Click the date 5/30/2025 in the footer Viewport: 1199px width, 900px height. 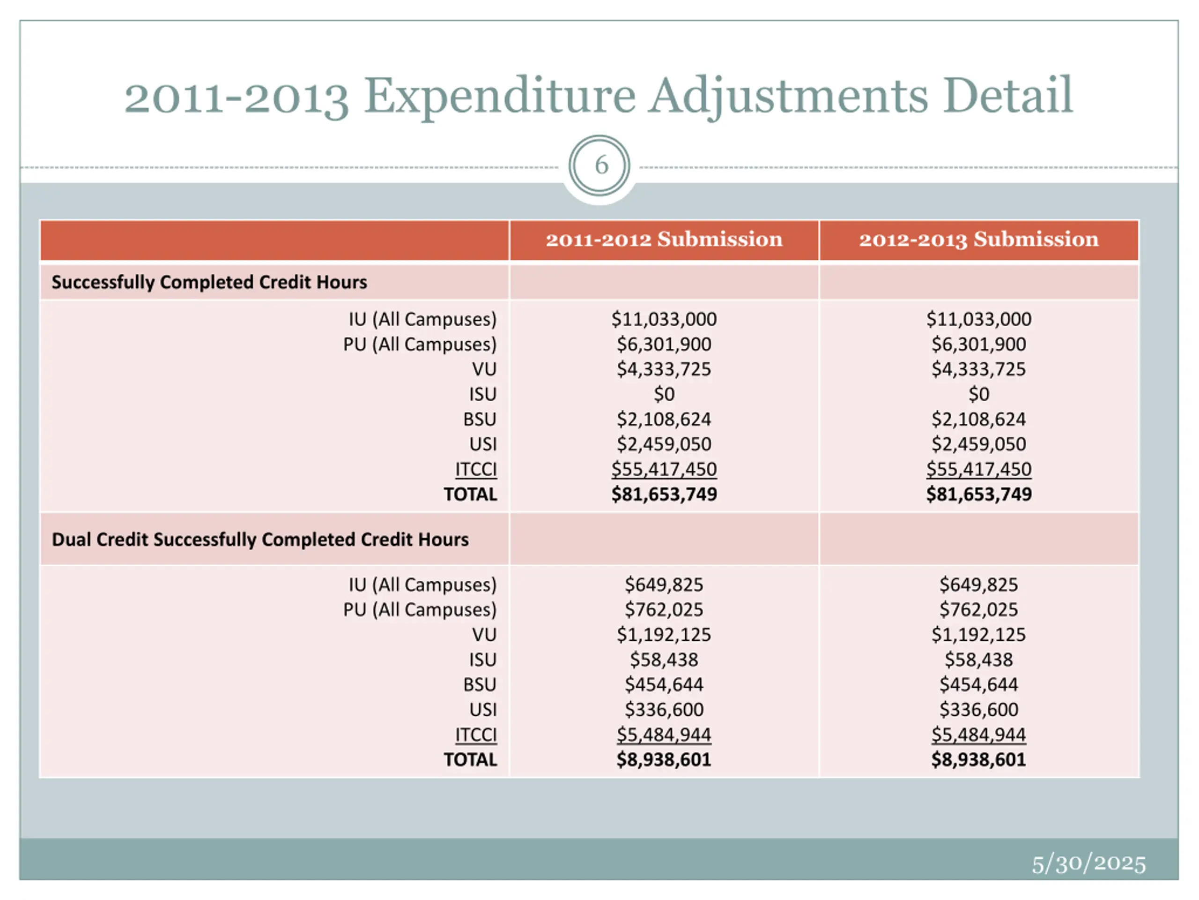point(1088,863)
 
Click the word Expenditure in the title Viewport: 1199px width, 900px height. point(499,96)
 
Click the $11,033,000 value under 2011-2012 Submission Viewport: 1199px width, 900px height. point(664,319)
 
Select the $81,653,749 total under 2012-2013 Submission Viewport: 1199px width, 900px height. point(978,494)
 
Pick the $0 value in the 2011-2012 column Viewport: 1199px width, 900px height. point(664,394)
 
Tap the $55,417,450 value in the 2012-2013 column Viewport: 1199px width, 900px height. point(978,469)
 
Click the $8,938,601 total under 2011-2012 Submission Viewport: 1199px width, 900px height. point(664,759)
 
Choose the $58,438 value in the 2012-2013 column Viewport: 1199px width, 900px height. point(978,660)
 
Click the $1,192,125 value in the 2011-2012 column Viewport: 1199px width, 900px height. point(664,635)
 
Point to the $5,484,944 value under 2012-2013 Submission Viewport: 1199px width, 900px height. point(978,735)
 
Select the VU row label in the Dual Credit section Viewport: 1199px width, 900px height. point(484,635)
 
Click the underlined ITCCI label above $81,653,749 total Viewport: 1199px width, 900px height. point(476,469)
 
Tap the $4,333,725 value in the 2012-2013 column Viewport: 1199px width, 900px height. point(978,369)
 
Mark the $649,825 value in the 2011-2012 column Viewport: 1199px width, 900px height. point(664,585)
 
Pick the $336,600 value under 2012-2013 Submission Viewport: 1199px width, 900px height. point(978,710)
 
